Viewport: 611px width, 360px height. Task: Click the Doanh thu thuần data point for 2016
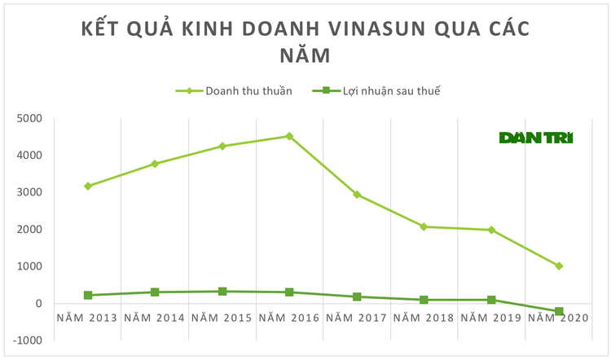pos(289,136)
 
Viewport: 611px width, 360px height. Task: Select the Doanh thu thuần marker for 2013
pos(87,186)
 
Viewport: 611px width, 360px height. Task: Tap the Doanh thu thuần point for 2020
pos(559,266)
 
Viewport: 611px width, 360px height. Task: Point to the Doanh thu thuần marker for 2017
pos(357,195)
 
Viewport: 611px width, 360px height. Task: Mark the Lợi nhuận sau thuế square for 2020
pos(559,311)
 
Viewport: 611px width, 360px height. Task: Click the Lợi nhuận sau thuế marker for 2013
pos(87,295)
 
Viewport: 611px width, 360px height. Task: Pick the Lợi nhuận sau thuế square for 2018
pos(424,300)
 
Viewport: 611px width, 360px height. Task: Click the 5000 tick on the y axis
pos(29,118)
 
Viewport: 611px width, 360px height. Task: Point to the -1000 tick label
pos(27,340)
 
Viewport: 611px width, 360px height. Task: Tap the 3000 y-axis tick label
pos(29,192)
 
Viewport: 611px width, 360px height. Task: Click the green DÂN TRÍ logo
pos(536,138)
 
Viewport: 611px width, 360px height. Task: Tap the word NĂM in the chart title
pos(305,56)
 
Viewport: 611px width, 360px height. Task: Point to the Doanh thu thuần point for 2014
pos(155,164)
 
